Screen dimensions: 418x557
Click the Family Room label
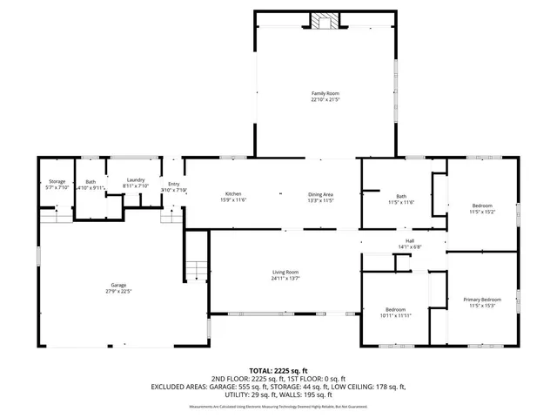[x=325, y=93]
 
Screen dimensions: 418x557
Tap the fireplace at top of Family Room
[x=327, y=21]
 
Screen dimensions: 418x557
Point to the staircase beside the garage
[x=196, y=271]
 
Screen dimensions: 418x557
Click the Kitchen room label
[x=233, y=193]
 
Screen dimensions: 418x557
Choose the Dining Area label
[x=321, y=193]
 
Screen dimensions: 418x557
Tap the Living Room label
[x=285, y=273]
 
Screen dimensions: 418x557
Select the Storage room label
[x=57, y=181]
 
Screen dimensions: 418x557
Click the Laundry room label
[x=135, y=179]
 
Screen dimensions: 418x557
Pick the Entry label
[x=173, y=184]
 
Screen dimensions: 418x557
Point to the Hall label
[x=409, y=240]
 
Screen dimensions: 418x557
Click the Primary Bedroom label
[x=482, y=299]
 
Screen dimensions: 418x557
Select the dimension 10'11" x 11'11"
[x=395, y=316]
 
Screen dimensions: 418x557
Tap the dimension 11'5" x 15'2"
[x=482, y=211]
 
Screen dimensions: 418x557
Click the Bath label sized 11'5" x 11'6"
[x=401, y=196]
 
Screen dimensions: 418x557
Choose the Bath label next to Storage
[x=91, y=181]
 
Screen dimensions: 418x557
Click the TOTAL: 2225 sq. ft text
[x=278, y=370]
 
